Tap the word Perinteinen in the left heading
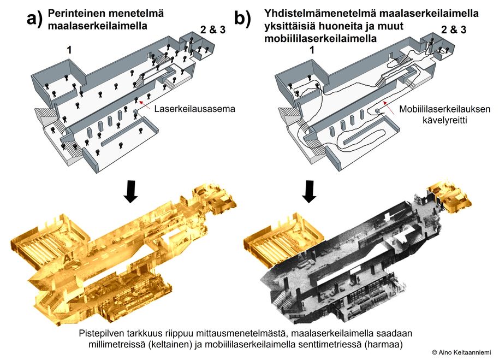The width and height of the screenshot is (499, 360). tap(76, 13)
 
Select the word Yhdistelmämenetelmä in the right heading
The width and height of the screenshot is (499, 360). tap(320, 13)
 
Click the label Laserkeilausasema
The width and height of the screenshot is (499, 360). tap(195, 109)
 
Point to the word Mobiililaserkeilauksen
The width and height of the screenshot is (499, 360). tap(444, 109)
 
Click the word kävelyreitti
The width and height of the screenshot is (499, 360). tap(444, 121)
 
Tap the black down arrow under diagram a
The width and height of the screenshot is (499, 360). tap(131, 192)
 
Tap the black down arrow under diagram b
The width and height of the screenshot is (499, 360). tap(309, 192)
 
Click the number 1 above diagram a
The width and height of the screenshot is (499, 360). tap(69, 50)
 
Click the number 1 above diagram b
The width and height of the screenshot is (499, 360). tap(312, 50)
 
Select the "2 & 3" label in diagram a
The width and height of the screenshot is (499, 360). tap(213, 29)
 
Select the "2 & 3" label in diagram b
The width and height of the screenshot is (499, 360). tap(454, 29)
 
